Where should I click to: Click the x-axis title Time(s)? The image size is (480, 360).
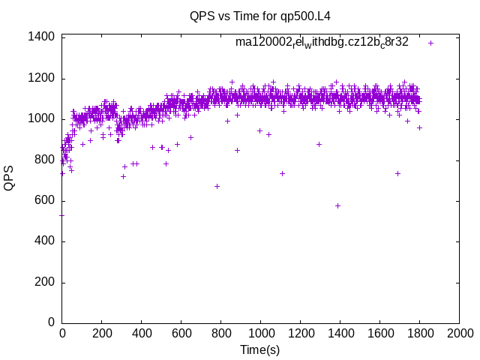point(260,349)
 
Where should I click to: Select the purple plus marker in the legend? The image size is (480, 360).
point(431,43)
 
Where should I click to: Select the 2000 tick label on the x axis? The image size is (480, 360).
point(459,333)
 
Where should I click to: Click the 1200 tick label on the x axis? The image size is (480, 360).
point(300,333)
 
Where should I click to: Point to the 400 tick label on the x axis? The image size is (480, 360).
point(142,333)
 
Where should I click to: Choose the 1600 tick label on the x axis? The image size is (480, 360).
point(379,333)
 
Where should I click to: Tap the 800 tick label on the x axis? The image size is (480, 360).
point(221,333)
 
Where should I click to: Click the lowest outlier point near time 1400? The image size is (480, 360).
point(338,205)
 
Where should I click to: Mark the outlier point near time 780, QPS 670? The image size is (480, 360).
point(217,186)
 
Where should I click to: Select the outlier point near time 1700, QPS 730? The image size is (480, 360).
point(398,173)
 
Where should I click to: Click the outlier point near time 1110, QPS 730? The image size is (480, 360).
point(283,173)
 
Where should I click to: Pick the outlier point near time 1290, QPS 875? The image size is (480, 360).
point(319,144)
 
